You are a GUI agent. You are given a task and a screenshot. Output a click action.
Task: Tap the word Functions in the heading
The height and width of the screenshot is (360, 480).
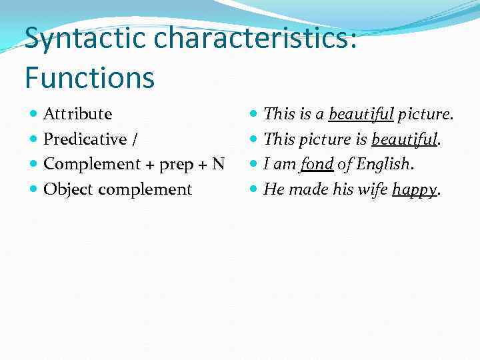pos(89,77)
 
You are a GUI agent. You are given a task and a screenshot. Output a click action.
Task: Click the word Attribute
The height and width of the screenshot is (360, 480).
pos(77,114)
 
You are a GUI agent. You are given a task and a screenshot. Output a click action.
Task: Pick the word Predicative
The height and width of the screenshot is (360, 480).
pos(85,139)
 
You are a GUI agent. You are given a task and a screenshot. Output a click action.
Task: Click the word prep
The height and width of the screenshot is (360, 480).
pos(177,165)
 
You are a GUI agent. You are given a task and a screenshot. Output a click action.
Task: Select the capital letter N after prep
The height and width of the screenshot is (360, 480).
pos(218,164)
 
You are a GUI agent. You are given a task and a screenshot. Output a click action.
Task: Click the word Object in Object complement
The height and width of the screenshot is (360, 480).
pos(68,190)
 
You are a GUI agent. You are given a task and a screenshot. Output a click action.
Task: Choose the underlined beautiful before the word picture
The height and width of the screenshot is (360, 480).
pos(361,114)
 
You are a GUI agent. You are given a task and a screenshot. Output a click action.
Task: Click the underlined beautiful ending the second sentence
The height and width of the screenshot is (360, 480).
pos(404,139)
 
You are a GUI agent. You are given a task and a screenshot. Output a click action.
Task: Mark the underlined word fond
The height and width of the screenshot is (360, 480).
pos(316,165)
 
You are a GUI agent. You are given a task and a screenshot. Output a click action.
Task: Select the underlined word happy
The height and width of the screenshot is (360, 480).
pos(414,190)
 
